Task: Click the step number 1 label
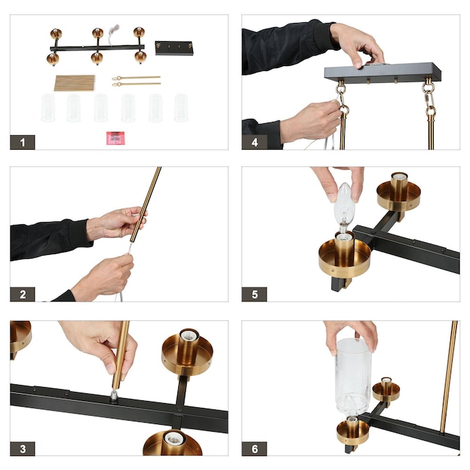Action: (22, 142)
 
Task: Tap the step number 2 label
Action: (22, 295)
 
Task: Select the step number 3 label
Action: (22, 448)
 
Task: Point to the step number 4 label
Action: (254, 142)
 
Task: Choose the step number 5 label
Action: (254, 295)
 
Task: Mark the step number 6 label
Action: (254, 448)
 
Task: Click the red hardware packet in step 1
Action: (116, 138)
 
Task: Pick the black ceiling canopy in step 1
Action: (174, 48)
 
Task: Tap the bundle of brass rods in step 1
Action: (75, 83)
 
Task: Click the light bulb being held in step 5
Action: (345, 208)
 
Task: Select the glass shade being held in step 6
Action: (353, 377)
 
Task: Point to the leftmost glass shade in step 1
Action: (48, 108)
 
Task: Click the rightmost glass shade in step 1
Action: (181, 108)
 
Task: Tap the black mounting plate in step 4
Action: (382, 72)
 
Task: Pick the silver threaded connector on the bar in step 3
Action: (114, 395)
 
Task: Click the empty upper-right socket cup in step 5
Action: (399, 192)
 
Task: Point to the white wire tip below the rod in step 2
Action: (130, 249)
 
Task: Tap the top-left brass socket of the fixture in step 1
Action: (56, 33)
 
